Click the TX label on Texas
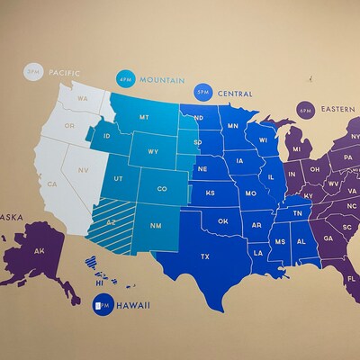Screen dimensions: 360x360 (x=205, y=256)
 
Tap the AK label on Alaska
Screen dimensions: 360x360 (x=39, y=251)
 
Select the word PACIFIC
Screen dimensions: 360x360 (x=66, y=71)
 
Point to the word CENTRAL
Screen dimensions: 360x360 (x=234, y=93)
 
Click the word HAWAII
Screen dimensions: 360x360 (x=132, y=306)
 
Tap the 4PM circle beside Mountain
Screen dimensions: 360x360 (x=125, y=79)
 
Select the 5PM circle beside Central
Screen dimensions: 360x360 (x=202, y=92)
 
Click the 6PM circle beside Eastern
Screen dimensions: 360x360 (x=304, y=110)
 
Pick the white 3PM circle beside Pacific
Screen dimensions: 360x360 (x=33, y=71)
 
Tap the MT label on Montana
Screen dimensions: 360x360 (x=144, y=118)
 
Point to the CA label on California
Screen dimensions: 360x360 (x=52, y=184)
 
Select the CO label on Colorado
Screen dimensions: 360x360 (x=161, y=189)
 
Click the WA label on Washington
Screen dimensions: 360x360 (x=82, y=98)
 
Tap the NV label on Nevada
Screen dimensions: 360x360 (x=82, y=169)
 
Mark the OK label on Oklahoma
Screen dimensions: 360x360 (x=222, y=220)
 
